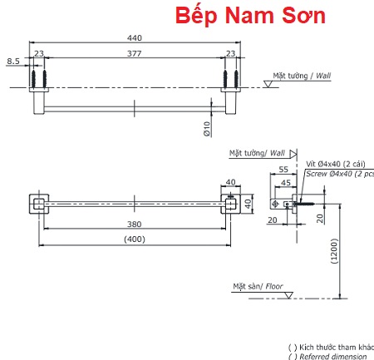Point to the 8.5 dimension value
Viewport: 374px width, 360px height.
[x=13, y=61]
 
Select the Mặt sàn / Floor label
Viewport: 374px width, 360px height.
[x=258, y=286]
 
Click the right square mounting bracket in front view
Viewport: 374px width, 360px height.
[x=229, y=203]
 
